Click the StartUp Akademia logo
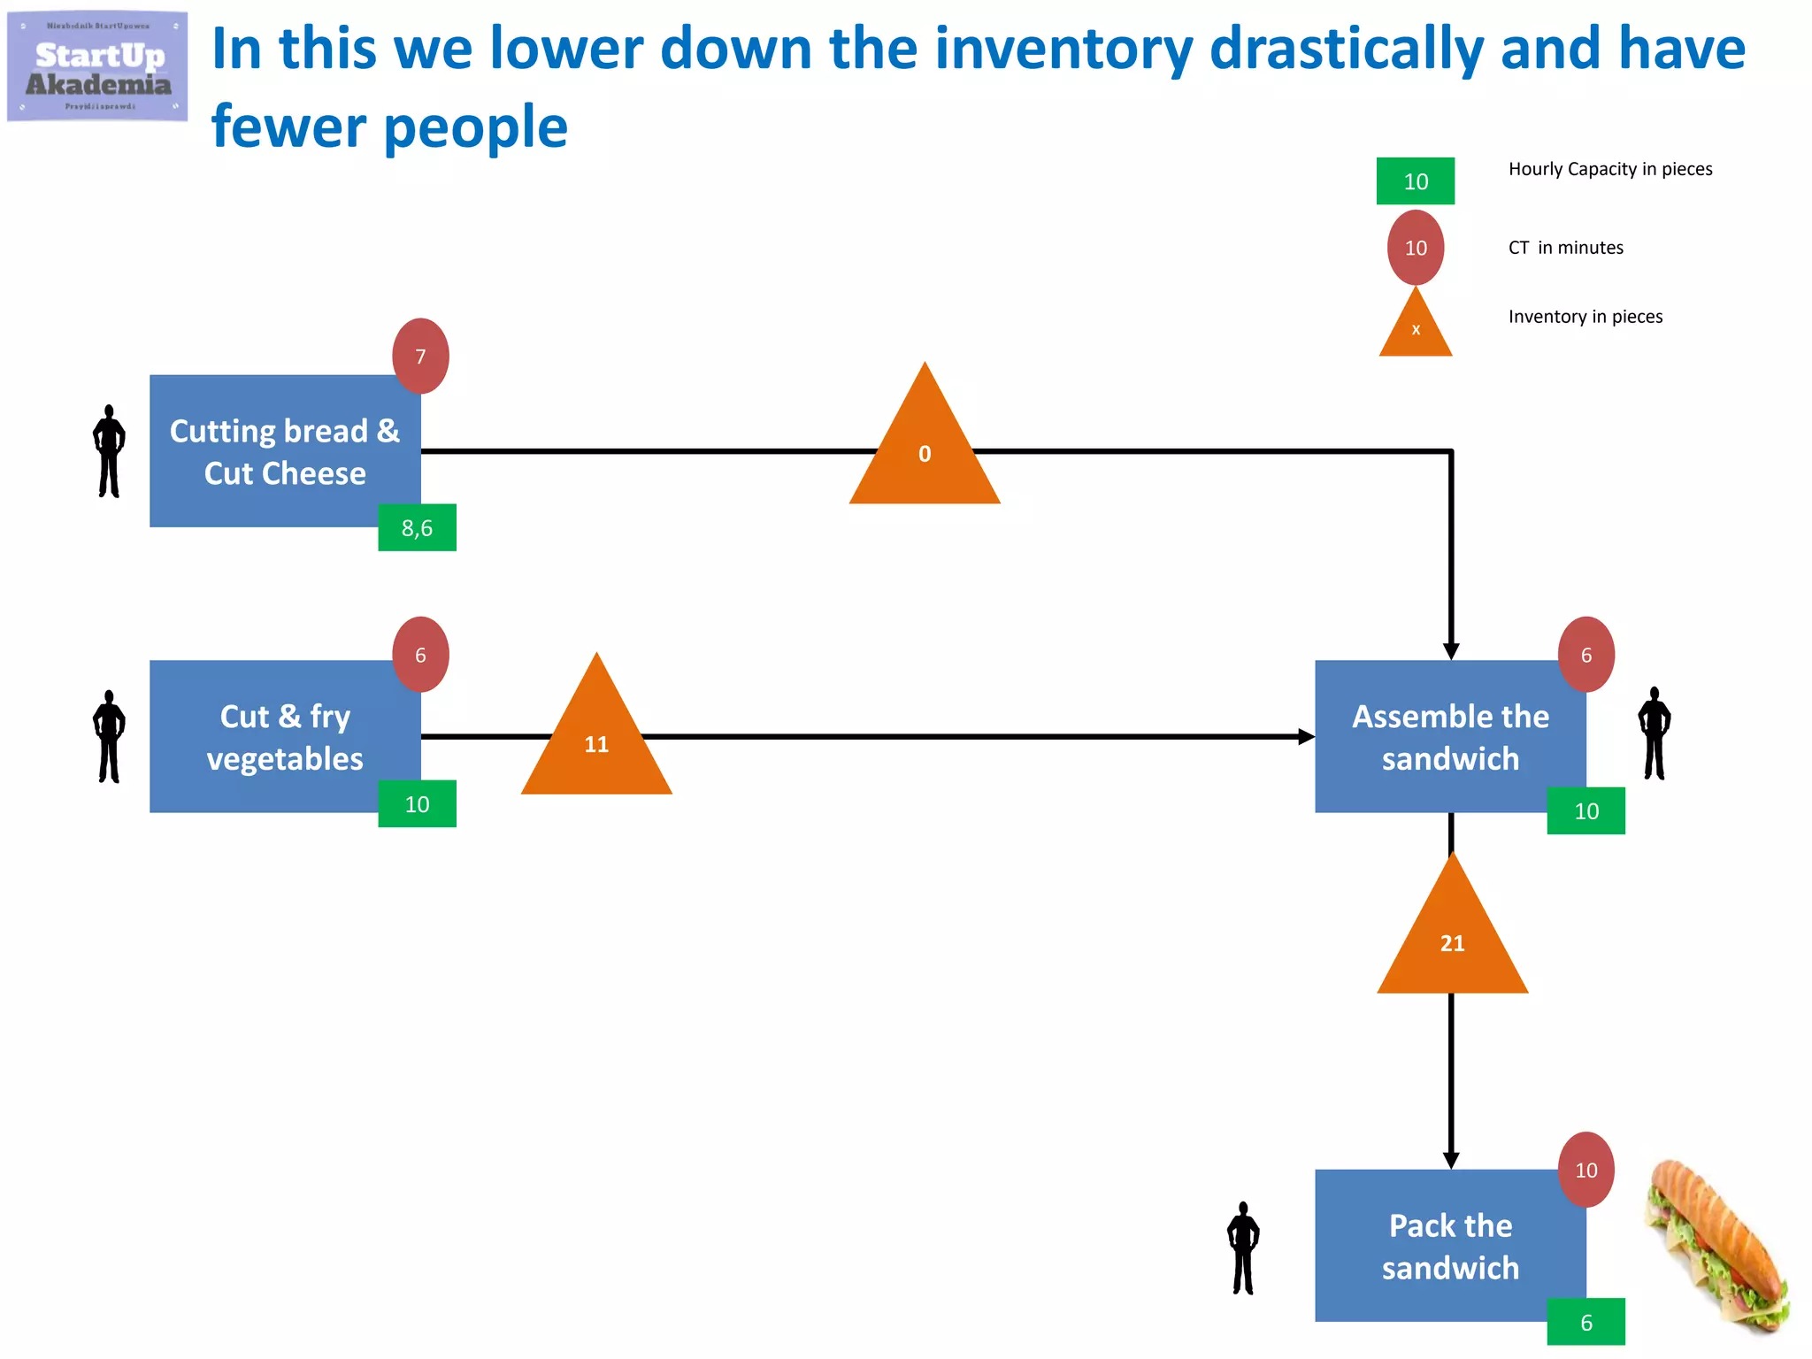click(97, 66)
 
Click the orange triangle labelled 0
click(925, 451)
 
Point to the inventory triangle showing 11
click(596, 739)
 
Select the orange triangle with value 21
click(1452, 938)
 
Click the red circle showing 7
click(420, 356)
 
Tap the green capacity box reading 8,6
click(417, 528)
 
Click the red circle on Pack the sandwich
click(1585, 1170)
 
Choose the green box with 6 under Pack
click(1585, 1322)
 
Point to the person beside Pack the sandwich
click(1243, 1248)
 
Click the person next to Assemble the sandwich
click(1654, 733)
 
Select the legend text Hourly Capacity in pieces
click(1610, 169)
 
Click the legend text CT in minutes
click(1565, 248)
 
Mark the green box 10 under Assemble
click(1585, 810)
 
